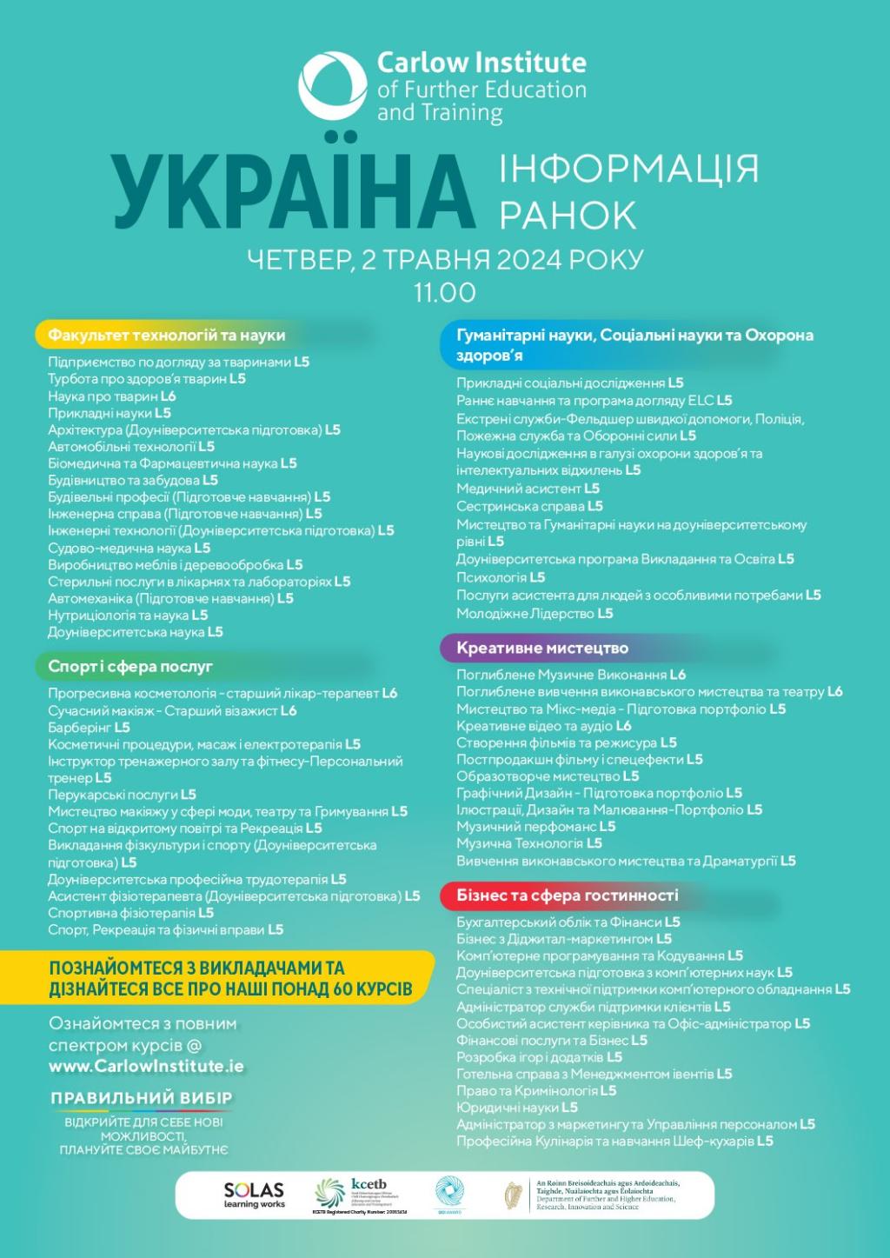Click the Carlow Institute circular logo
[x=332, y=85]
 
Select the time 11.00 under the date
[x=444, y=292]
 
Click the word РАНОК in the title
[x=568, y=215]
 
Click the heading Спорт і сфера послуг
[x=130, y=666]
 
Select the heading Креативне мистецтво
[x=542, y=648]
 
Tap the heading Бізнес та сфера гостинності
[x=568, y=895]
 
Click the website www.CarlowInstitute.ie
[x=146, y=1066]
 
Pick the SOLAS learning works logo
[x=254, y=1195]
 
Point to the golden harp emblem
[x=513, y=1195]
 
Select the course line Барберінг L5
[x=89, y=727]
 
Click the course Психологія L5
[x=501, y=577]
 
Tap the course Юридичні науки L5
[x=517, y=1108]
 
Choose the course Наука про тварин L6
[x=112, y=396]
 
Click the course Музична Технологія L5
[x=529, y=843]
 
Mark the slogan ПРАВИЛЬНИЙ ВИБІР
[x=142, y=1098]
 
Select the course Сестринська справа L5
[x=529, y=506]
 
